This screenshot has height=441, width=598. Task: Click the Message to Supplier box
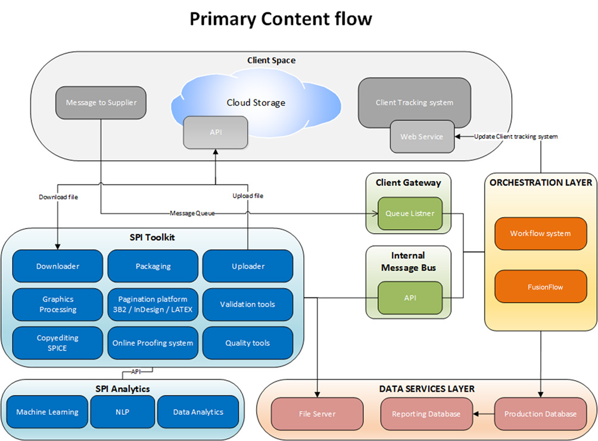pos(101,102)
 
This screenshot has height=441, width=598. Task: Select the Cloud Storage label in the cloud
pos(256,102)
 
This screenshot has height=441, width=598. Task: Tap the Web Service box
pos(422,136)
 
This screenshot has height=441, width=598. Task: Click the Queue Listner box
pos(410,213)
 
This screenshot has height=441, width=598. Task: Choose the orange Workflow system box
pos(540,233)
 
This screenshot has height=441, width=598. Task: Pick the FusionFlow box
pos(540,287)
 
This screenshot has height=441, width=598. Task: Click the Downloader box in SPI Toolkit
pos(58,266)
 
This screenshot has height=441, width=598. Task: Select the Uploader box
pos(248,266)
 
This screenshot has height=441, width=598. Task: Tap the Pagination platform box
pos(152,304)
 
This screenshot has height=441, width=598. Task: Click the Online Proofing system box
pos(152,343)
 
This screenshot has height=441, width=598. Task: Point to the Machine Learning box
pos(47,412)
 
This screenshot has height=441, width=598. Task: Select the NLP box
pos(123,412)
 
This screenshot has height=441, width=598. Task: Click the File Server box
pos(317,414)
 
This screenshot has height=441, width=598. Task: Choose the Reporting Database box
pos(426,414)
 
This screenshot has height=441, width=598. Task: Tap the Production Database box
pos(540,414)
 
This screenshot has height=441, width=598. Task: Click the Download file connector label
pos(58,196)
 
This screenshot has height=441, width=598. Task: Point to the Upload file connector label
pos(248,195)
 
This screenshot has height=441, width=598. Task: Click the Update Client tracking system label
pos(516,136)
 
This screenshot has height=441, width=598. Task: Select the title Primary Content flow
pos(281,19)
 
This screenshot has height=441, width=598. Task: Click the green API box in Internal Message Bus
pos(410,298)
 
